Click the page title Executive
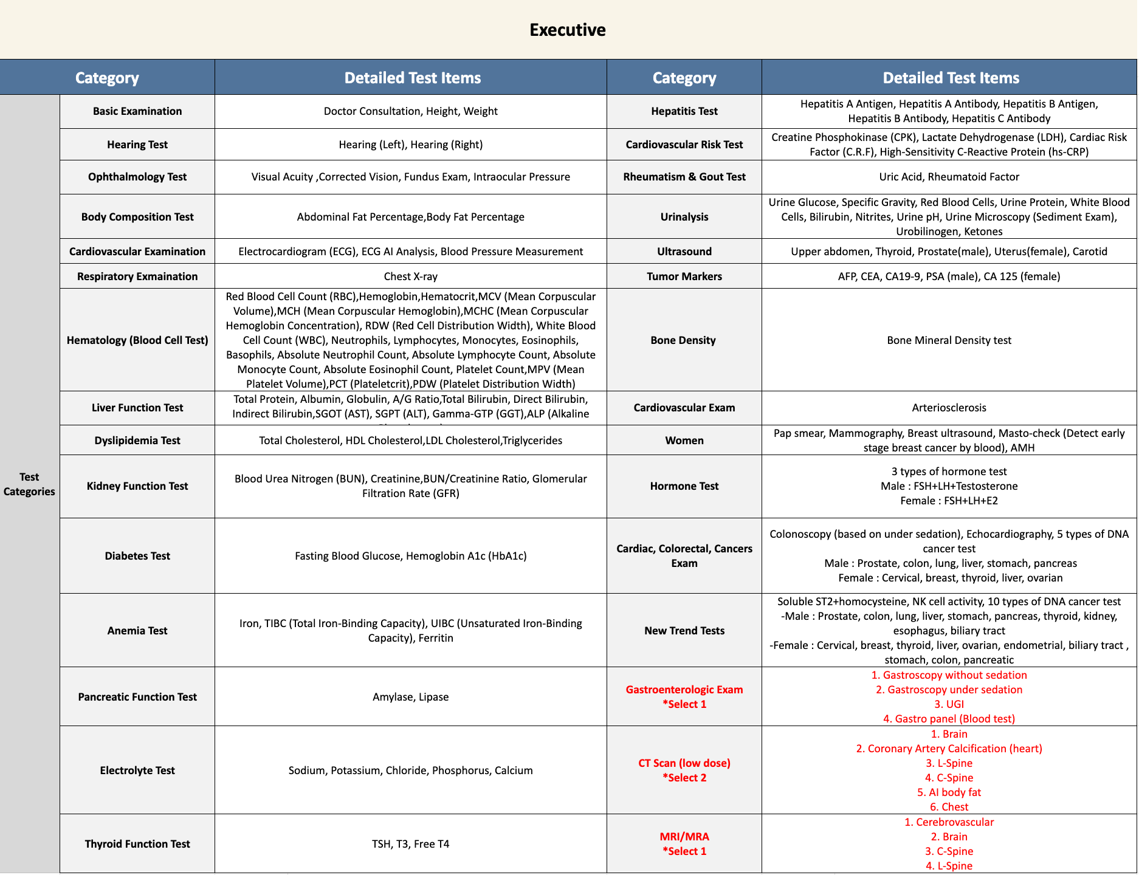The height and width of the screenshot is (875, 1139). coord(567,30)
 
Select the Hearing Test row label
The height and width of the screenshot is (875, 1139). coord(137,145)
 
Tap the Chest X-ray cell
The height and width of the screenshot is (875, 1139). coord(410,276)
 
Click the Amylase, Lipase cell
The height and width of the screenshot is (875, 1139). coord(410,697)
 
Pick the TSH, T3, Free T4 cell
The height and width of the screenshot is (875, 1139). coord(410,844)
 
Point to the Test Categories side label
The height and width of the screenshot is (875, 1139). coord(29,484)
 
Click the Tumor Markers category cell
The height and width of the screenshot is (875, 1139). coord(684,276)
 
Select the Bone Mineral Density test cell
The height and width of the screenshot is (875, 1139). coord(949,340)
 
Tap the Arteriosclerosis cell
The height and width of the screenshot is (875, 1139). coord(949,408)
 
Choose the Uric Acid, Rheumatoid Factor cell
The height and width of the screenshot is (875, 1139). coord(949,177)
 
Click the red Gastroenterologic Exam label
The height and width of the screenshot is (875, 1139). coord(684,690)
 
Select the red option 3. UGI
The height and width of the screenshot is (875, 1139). coord(949,704)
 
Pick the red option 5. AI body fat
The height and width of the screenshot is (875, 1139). coord(949,792)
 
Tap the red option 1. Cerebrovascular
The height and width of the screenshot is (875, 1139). coord(949,822)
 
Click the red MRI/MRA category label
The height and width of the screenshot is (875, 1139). coord(684,837)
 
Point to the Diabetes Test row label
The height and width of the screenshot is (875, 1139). coord(137,556)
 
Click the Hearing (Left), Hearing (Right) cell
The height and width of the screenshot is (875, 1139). coord(410,145)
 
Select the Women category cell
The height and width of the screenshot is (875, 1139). coord(684,441)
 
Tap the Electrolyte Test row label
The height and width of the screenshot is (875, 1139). coord(137,770)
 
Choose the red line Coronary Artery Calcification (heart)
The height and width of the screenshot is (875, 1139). coord(949,749)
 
